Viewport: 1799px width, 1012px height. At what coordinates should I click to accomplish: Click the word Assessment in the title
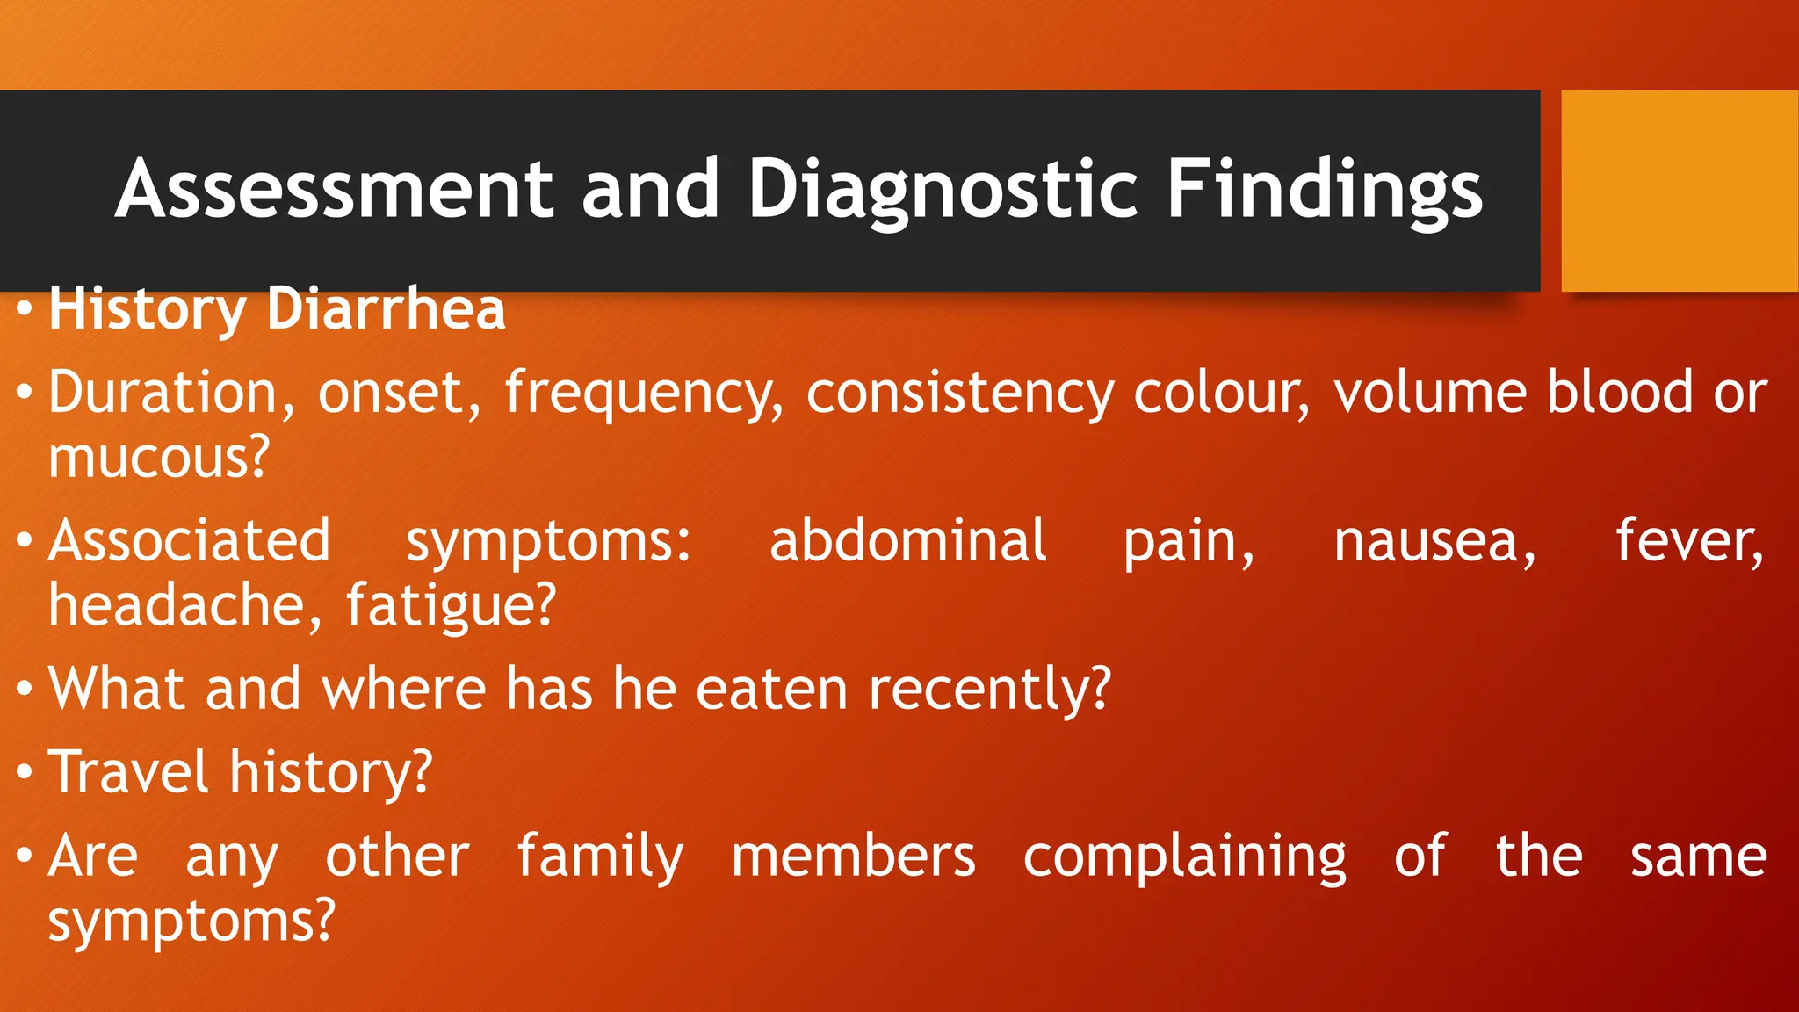coord(334,188)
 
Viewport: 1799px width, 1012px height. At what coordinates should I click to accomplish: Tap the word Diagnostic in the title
coord(943,190)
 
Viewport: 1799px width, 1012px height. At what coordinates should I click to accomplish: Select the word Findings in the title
coord(1325,190)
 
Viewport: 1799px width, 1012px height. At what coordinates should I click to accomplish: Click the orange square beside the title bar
coord(1680,190)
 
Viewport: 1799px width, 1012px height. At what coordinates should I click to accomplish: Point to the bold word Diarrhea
coord(386,309)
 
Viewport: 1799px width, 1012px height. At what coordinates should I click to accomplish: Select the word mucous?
coord(158,458)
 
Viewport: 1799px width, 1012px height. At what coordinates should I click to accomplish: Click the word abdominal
coord(907,540)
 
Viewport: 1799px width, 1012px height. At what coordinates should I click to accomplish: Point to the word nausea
coord(1434,542)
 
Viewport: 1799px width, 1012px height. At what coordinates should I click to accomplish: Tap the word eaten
coord(772,688)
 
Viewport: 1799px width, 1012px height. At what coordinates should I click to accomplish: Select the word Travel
coord(128,771)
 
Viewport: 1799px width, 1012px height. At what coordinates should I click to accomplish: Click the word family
coord(600,857)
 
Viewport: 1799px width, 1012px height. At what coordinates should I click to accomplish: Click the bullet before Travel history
coord(25,772)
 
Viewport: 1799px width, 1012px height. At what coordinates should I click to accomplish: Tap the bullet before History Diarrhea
coord(25,309)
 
